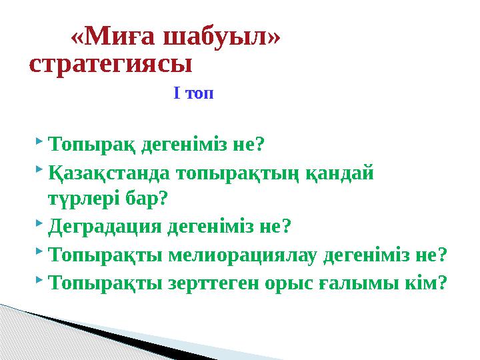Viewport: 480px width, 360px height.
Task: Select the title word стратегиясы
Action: (111, 65)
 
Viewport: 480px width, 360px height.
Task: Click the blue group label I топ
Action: (193, 93)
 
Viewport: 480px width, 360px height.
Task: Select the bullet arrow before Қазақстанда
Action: (41, 170)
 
